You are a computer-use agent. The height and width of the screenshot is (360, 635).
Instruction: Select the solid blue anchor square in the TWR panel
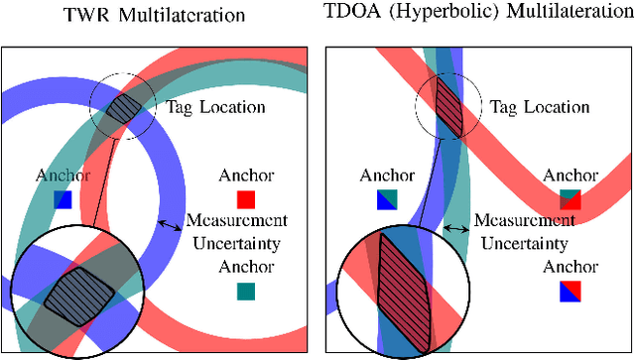[x=63, y=199]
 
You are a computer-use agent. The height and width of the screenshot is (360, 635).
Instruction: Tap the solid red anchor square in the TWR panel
[x=246, y=199]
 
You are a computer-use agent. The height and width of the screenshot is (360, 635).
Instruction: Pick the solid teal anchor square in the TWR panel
[x=246, y=292]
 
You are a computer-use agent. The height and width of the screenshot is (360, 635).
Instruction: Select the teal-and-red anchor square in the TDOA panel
[x=570, y=199]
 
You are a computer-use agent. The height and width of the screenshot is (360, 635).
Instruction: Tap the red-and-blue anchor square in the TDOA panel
[x=570, y=292]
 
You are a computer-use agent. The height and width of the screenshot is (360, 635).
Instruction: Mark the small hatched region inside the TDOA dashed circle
[x=446, y=103]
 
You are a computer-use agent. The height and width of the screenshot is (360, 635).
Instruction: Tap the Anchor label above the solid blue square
[x=63, y=176]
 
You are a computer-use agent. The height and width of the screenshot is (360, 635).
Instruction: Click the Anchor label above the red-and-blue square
[x=570, y=267]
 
